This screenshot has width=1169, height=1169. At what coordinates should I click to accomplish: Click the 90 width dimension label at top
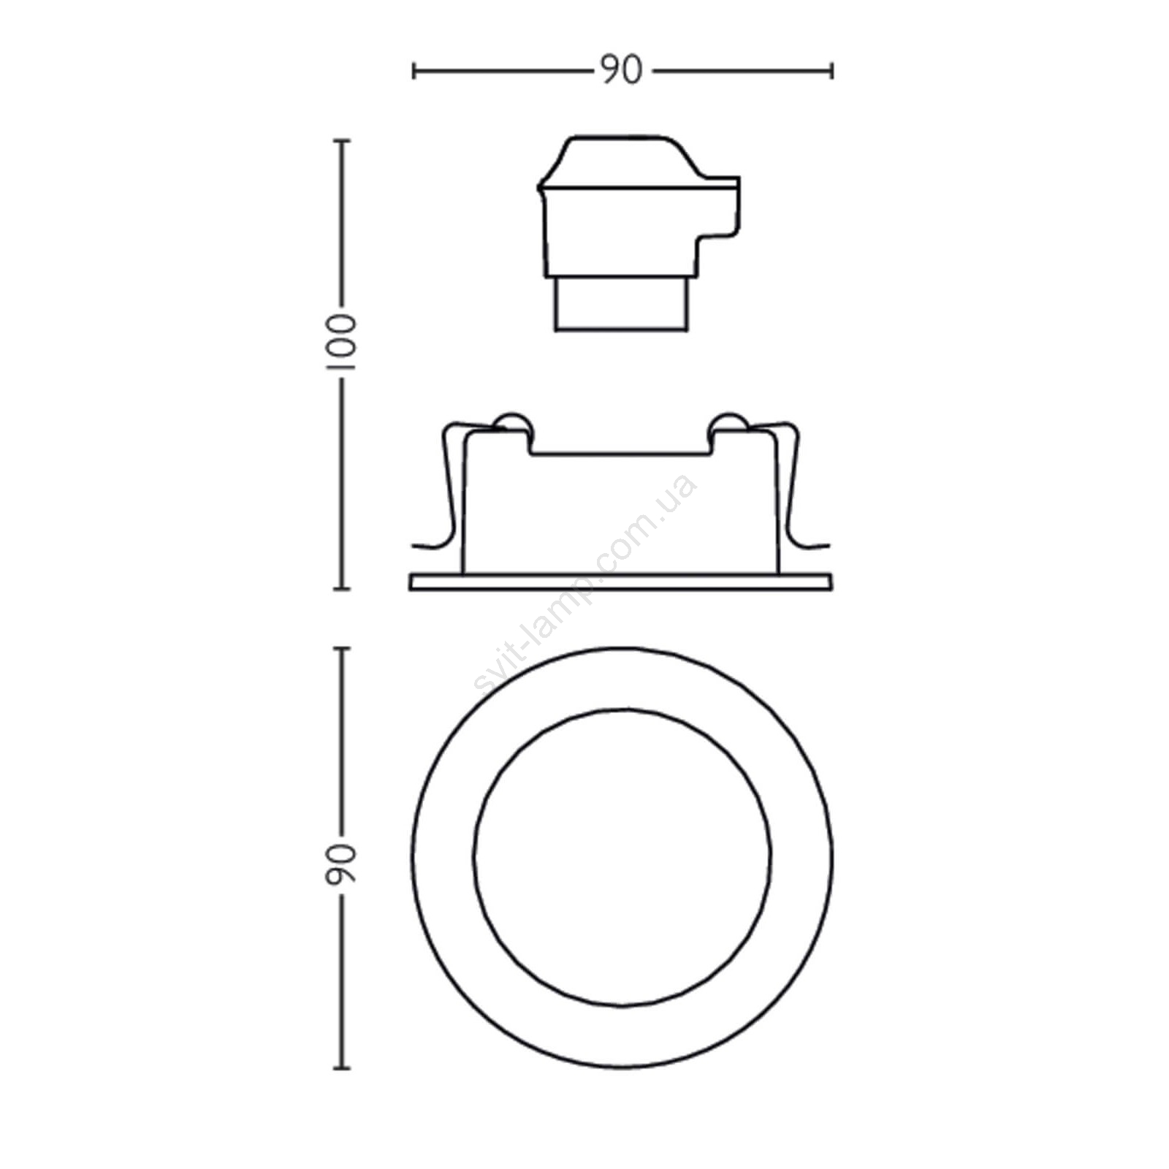pos(622,70)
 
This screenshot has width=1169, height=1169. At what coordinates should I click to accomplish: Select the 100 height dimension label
pos(341,342)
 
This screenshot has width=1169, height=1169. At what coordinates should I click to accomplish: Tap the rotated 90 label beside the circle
pos(341,864)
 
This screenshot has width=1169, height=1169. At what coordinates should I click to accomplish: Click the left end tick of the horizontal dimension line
pos(414,71)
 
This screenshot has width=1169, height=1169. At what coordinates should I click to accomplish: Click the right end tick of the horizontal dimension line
pos(832,71)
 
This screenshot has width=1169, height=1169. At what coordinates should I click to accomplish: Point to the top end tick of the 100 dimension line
pos(341,140)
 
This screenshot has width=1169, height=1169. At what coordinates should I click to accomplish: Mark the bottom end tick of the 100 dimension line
pos(341,587)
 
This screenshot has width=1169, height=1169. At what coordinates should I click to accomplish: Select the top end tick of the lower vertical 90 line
pos(341,649)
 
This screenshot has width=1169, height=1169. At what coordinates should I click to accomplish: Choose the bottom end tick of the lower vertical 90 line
pos(341,1068)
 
